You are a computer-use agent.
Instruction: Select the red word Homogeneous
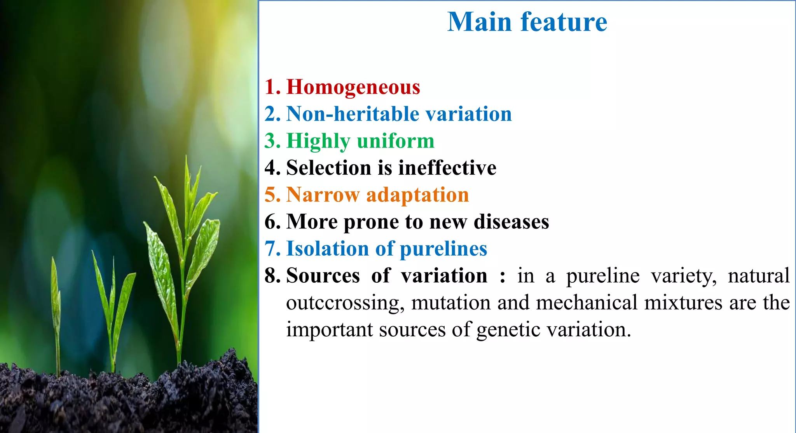point(353,87)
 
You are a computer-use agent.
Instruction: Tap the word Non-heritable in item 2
point(353,114)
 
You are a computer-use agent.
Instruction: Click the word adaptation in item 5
point(417,195)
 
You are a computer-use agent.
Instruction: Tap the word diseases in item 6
point(511,222)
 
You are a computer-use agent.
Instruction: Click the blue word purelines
point(443,249)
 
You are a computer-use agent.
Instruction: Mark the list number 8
point(272,276)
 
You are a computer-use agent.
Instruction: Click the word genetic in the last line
point(508,330)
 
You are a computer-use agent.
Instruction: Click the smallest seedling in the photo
point(56,311)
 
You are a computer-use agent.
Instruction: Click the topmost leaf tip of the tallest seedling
point(187,157)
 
